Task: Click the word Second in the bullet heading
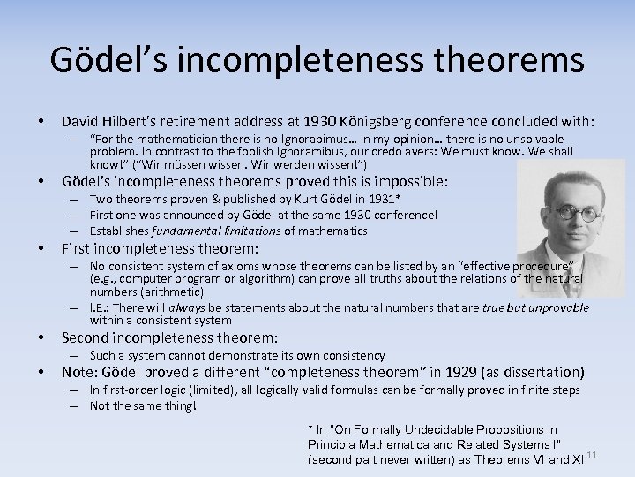point(88,337)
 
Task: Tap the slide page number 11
point(592,454)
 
